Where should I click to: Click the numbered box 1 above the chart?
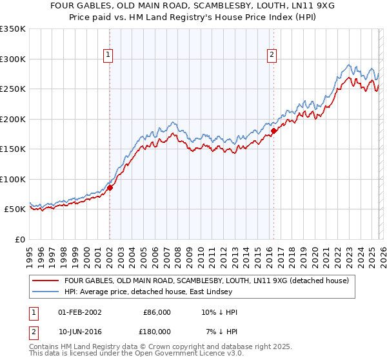coord(108,55)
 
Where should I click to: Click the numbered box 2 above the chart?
coord(272,55)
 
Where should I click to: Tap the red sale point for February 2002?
coord(110,187)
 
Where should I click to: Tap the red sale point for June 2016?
coord(273,131)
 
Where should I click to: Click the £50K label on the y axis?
coord(13,209)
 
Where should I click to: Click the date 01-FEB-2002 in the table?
coord(80,312)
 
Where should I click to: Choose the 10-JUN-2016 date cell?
coord(80,331)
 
